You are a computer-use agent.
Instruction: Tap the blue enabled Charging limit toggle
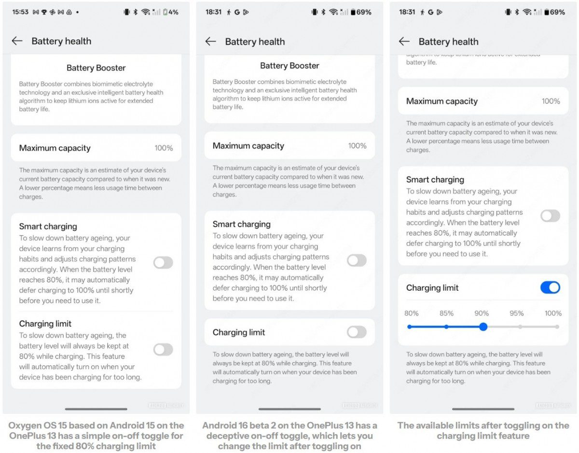click(550, 287)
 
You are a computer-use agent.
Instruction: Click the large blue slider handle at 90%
click(483, 326)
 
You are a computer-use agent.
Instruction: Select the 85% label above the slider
click(446, 313)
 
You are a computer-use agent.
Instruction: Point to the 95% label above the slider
click(516, 313)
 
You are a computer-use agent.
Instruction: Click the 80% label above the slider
click(412, 313)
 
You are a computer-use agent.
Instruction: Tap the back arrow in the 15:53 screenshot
click(17, 41)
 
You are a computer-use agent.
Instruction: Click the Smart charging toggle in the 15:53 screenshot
click(163, 263)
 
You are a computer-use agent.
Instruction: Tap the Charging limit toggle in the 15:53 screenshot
click(163, 349)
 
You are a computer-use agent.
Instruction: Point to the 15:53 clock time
click(20, 12)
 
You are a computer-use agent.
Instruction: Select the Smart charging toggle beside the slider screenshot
click(550, 216)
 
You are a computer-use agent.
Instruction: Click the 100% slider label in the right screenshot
click(553, 313)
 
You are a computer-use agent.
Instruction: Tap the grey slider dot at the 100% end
click(557, 326)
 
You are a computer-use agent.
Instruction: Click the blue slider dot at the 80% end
click(409, 326)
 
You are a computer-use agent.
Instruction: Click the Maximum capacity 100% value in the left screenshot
click(164, 148)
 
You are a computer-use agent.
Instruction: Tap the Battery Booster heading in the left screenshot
click(96, 68)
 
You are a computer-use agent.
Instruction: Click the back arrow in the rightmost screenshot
click(404, 42)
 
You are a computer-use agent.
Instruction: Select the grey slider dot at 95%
click(520, 326)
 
